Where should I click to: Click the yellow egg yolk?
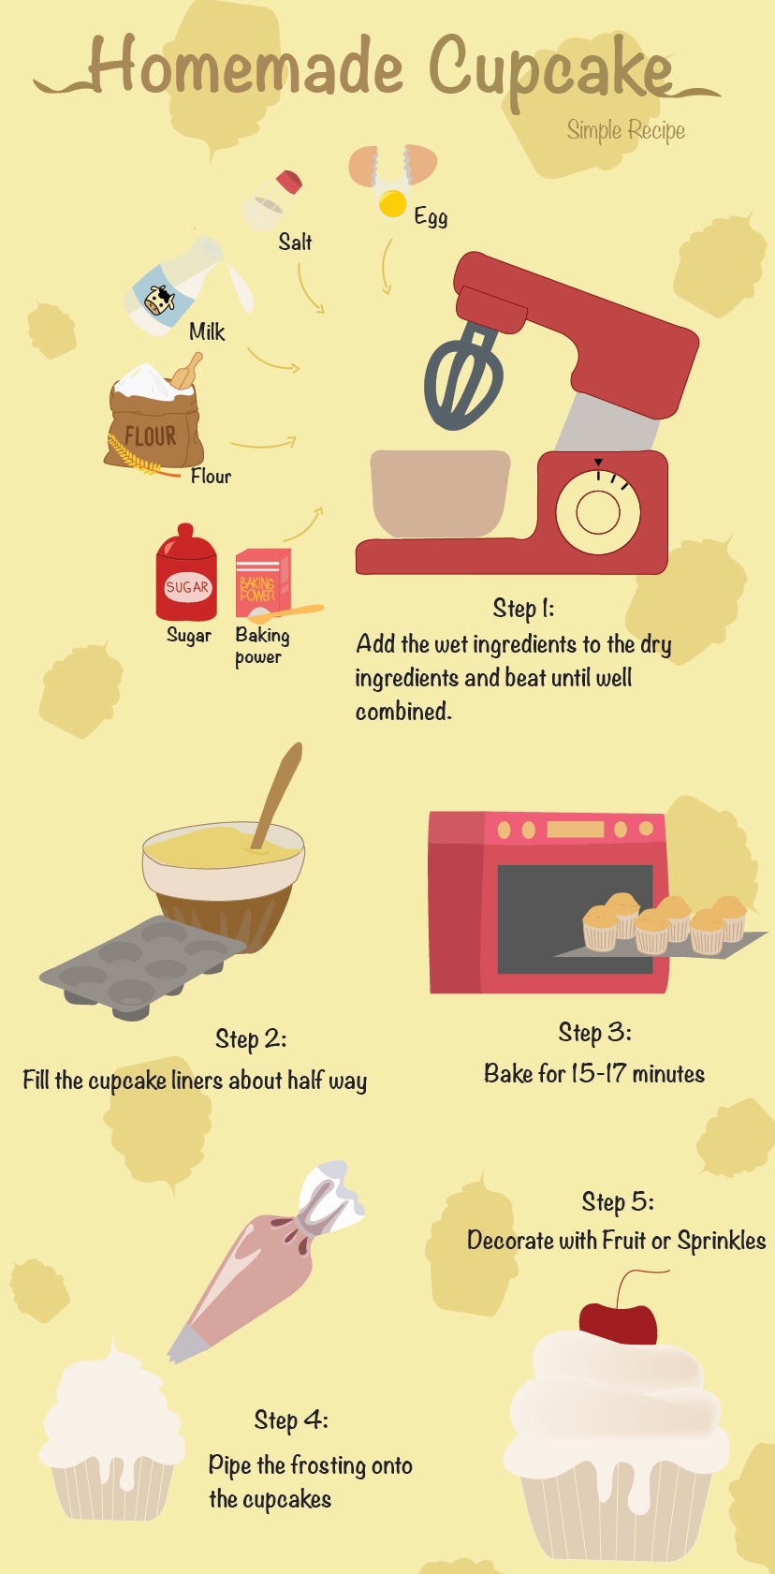(x=393, y=204)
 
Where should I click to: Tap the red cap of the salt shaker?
(x=289, y=182)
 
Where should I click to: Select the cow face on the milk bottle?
(x=159, y=301)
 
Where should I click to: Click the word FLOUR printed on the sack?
(x=151, y=435)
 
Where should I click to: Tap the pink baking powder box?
(x=263, y=581)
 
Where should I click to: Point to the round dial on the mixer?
(x=598, y=511)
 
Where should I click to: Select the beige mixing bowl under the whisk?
(x=441, y=493)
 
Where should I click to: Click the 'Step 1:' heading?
(x=523, y=609)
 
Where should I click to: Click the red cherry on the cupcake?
(x=619, y=1323)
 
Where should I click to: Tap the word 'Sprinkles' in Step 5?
(x=722, y=1242)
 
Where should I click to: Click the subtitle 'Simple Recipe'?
(x=626, y=131)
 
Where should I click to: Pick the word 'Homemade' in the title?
(x=246, y=66)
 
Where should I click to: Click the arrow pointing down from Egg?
(x=386, y=267)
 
